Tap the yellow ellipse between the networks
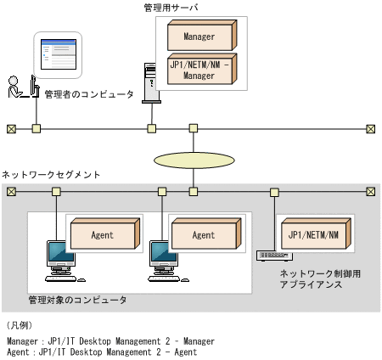(x=194, y=160)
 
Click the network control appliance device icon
(x=273, y=255)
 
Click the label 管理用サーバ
(x=172, y=7)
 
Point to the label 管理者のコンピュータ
(x=89, y=94)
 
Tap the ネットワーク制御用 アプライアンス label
(x=316, y=279)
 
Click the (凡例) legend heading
(x=19, y=325)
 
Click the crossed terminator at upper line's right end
(x=371, y=129)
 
